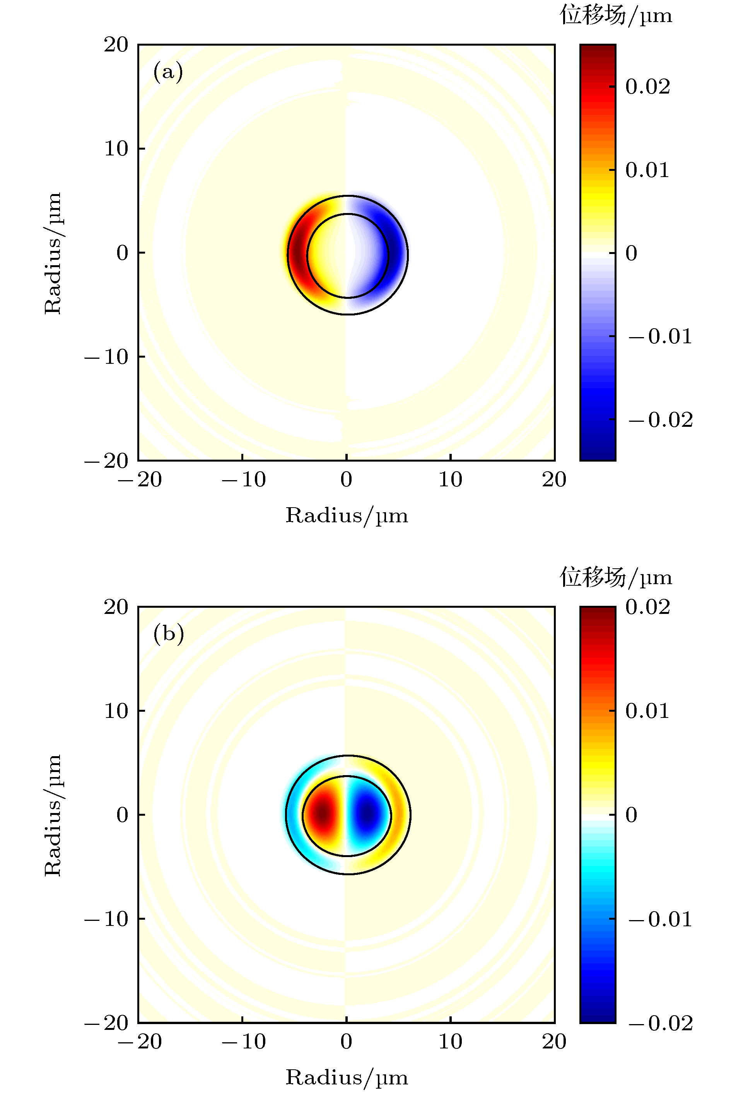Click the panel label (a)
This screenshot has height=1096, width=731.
click(168, 72)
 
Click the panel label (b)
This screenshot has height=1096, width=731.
click(168, 634)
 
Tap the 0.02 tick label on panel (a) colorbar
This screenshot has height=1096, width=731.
click(647, 87)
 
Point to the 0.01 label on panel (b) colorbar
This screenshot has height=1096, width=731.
click(647, 711)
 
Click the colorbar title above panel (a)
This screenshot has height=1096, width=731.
click(615, 16)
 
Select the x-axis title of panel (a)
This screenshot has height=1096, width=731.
click(347, 516)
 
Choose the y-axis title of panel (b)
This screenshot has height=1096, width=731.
click(53, 815)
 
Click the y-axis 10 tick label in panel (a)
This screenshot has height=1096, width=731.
click(116, 149)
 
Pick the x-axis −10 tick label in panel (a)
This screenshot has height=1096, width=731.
click(243, 479)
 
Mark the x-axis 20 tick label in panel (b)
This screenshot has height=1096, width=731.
click(554, 1042)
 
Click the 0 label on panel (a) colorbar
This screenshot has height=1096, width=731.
click(631, 253)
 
